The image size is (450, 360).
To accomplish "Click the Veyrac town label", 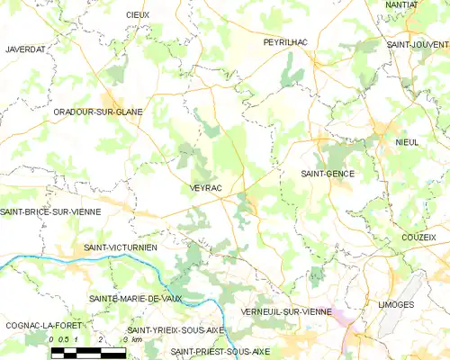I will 206,187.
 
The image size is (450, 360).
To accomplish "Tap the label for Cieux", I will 138,15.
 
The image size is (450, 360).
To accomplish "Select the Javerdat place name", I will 24,49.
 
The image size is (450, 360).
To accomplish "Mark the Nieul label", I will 407,142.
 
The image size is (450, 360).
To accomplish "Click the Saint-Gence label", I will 327,174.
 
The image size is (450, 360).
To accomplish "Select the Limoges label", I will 396,305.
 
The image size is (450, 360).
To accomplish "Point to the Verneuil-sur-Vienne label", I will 286,311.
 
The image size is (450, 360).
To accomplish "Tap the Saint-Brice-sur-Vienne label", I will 49,211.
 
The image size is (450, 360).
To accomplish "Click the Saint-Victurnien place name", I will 121,247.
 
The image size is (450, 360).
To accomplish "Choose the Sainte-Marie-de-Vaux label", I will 135,297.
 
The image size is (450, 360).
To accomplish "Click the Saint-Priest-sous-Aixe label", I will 220,351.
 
